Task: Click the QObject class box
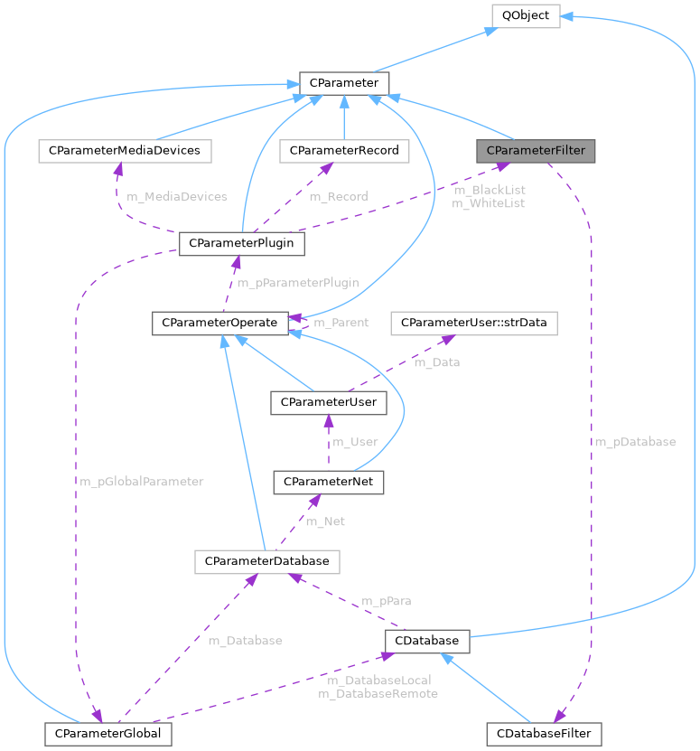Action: [525, 15]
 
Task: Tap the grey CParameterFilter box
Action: [537, 150]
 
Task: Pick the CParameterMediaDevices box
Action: [125, 150]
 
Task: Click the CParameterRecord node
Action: [339, 150]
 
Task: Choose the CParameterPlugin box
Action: [242, 243]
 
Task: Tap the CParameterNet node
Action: [329, 482]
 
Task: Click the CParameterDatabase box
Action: [266, 561]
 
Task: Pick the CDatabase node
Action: [427, 641]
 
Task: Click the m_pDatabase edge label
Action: [634, 442]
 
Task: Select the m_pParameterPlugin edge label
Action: [298, 283]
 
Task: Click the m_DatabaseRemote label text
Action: [378, 693]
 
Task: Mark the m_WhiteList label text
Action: [489, 203]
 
